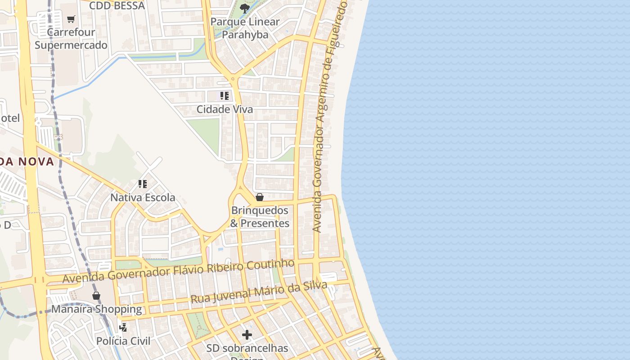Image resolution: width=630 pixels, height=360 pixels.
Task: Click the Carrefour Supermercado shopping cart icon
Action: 71,19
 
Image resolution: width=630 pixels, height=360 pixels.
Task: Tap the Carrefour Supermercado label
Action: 71,39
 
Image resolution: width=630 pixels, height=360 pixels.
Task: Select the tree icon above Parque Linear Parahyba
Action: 245,8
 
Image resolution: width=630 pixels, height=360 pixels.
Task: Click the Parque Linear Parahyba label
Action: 245,28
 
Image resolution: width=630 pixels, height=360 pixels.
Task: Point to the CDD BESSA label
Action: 117,6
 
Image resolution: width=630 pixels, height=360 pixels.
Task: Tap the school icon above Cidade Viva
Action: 224,96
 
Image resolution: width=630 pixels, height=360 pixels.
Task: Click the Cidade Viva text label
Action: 225,109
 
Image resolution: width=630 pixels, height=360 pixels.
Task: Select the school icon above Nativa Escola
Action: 143,184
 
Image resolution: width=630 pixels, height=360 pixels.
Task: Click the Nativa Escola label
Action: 143,198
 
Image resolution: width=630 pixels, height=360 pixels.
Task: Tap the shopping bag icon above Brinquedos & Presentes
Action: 260,197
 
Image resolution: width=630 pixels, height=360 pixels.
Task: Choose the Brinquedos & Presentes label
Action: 260,217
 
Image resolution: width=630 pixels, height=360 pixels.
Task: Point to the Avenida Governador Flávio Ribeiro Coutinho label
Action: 178,271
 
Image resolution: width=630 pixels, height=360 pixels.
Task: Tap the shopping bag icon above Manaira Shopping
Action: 96,296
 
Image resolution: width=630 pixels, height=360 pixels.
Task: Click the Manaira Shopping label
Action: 96,309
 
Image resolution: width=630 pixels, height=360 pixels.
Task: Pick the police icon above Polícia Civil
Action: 123,328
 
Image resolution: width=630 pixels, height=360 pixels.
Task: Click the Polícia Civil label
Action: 123,341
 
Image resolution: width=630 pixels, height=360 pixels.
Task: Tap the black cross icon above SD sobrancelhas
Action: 247,335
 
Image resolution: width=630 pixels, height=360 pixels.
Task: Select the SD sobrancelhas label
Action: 247,348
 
